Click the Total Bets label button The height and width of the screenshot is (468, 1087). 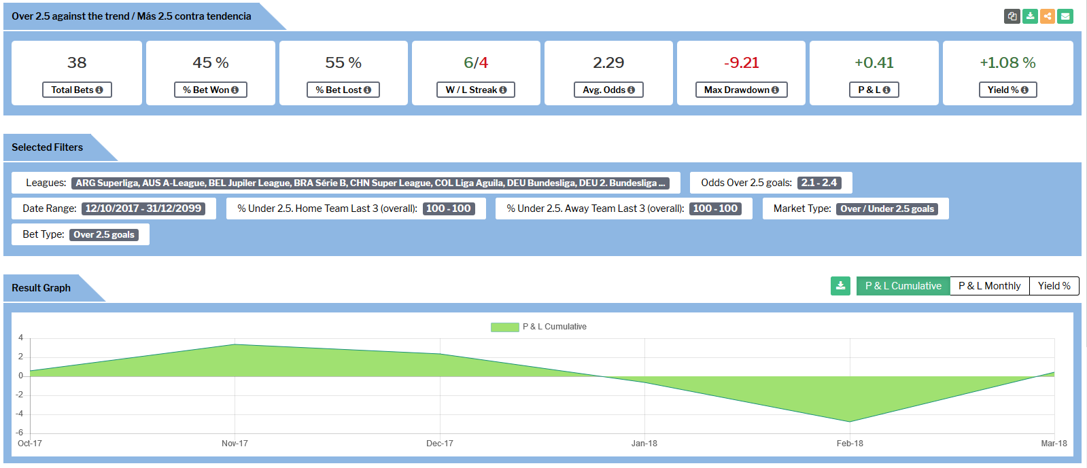(x=77, y=90)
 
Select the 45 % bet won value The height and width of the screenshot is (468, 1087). (x=211, y=62)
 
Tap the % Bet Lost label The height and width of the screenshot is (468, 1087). (x=343, y=90)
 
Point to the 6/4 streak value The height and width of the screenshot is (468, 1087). (x=476, y=62)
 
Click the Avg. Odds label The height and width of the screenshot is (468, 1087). (x=608, y=90)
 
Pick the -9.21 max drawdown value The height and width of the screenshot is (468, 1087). (x=741, y=62)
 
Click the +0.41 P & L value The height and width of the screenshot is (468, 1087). (x=874, y=62)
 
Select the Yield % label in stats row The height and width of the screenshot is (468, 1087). (x=1007, y=90)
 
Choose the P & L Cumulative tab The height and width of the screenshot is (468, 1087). (x=903, y=286)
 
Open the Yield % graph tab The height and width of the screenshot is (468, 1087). (x=1054, y=286)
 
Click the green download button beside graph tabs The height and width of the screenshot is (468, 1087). (x=840, y=286)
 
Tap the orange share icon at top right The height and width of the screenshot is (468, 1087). (x=1048, y=16)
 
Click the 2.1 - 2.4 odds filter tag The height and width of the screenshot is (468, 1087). (x=818, y=183)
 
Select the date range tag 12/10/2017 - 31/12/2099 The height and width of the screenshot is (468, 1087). (x=143, y=209)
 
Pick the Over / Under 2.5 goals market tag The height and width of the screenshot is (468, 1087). (x=887, y=209)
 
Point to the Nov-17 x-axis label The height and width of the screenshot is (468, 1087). (x=235, y=444)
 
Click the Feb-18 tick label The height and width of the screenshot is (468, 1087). (x=850, y=444)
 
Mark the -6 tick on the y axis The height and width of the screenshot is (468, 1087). (x=20, y=433)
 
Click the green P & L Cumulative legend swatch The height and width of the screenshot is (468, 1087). (x=504, y=327)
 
